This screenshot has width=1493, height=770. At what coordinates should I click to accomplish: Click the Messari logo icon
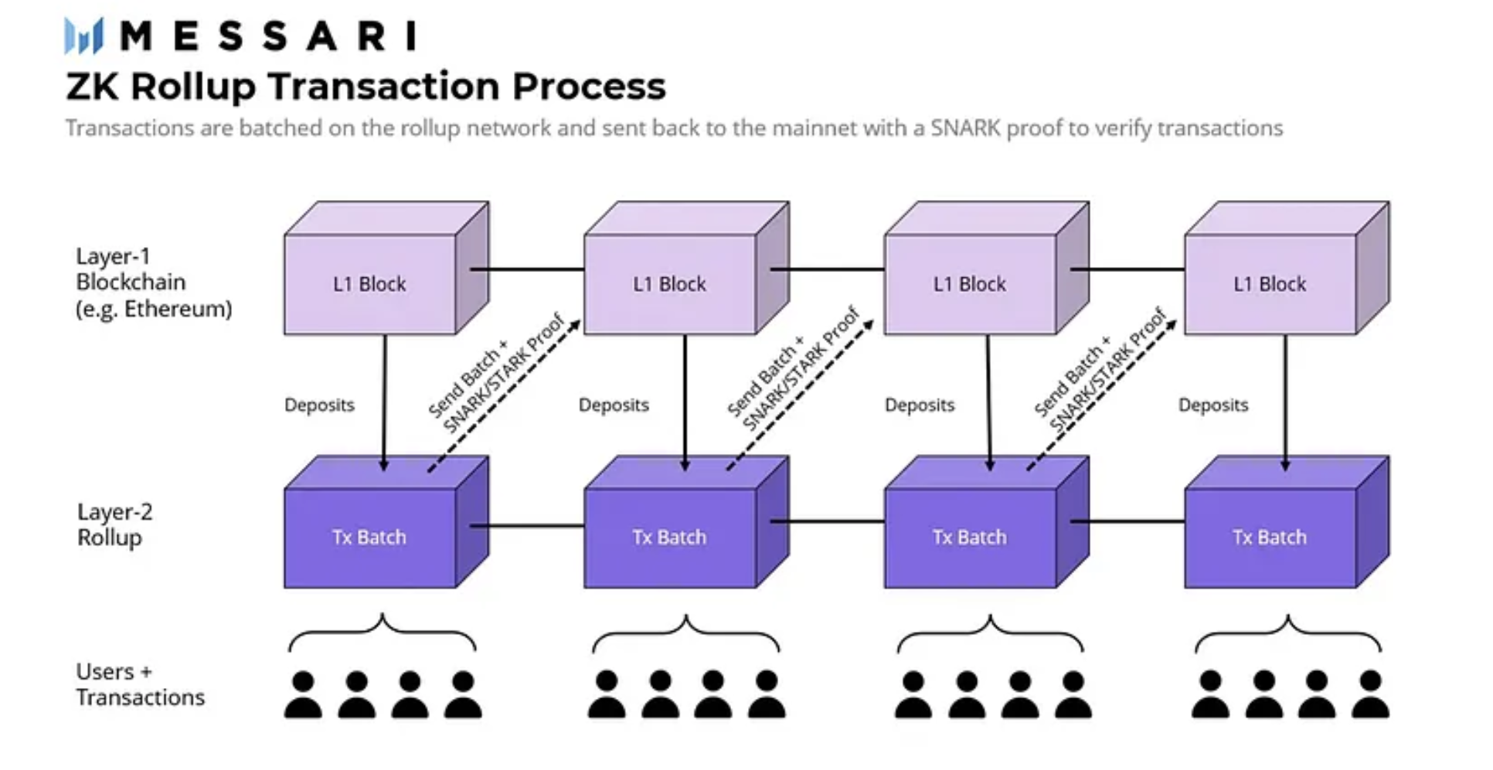pyautogui.click(x=83, y=36)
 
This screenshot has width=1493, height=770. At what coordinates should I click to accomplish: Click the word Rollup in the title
pyautogui.click(x=193, y=86)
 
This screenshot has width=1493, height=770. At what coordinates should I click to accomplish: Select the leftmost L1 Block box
pyautogui.click(x=386, y=268)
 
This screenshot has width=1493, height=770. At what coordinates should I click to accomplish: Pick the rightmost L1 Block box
pyautogui.click(x=1287, y=268)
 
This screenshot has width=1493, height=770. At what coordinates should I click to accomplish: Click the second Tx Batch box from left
pyautogui.click(x=686, y=522)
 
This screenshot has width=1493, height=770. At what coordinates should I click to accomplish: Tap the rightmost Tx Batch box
pyautogui.click(x=1287, y=522)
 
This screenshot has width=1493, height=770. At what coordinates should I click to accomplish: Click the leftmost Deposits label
pyautogui.click(x=319, y=405)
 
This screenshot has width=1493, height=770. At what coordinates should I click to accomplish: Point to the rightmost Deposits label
pyautogui.click(x=1213, y=405)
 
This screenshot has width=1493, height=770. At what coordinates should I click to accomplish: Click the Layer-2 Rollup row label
pyautogui.click(x=115, y=524)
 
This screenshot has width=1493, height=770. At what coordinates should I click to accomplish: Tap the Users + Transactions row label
pyautogui.click(x=140, y=684)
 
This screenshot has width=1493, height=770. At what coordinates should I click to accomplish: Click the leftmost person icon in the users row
pyautogui.click(x=303, y=695)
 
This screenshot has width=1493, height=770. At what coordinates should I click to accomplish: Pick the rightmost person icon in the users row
pyautogui.click(x=1370, y=695)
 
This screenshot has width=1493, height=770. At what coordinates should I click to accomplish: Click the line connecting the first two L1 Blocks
pyautogui.click(x=527, y=270)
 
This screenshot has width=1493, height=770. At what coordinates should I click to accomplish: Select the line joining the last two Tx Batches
pyautogui.click(x=1127, y=522)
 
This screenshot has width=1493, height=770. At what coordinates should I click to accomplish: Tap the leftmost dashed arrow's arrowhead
pyautogui.click(x=575, y=325)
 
